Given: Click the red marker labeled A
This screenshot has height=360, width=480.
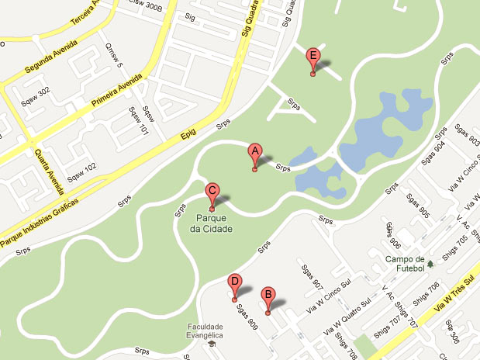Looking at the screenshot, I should tap(254, 153).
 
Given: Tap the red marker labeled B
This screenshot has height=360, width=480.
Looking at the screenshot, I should tap(268, 296).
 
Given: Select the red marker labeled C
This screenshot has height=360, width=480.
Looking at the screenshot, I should tap(212, 193).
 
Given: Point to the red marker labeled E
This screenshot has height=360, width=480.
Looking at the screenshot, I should tap(313, 57).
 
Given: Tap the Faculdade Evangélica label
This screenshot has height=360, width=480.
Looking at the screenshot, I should tap(204, 332).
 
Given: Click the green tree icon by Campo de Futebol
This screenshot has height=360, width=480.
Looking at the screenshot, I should tap(431, 266).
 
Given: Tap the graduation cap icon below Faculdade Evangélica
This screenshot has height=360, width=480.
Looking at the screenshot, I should tap(212, 345).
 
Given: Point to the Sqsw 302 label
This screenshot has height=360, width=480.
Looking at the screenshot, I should tap(36, 92).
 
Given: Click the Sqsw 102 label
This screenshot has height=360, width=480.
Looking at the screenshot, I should tap(81, 168).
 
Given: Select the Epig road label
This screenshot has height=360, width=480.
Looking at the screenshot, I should tap(188, 134).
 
